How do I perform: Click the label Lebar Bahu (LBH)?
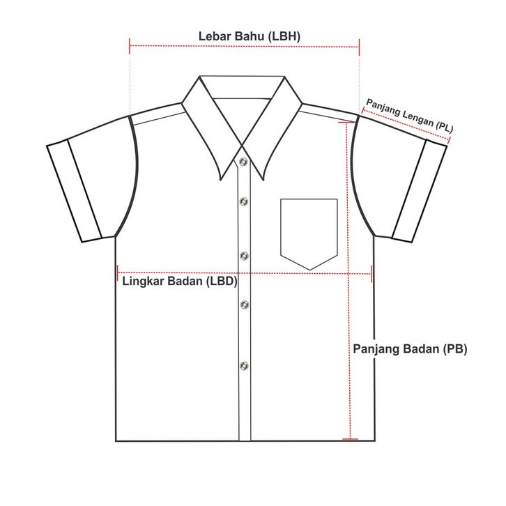click(x=250, y=36)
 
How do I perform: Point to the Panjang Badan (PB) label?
click(x=410, y=348)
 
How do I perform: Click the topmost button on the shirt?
click(x=243, y=162)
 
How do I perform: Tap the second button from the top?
click(x=243, y=201)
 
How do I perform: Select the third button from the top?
click(x=243, y=255)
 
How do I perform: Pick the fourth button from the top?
click(x=243, y=303)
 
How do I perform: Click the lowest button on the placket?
click(x=243, y=365)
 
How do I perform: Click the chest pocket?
click(x=309, y=230)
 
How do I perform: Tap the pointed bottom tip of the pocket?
click(x=309, y=270)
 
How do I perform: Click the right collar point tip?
click(x=264, y=181)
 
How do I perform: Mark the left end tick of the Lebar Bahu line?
click(x=130, y=46)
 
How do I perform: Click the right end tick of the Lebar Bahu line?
click(x=360, y=46)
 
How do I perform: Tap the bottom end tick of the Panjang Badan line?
click(x=351, y=439)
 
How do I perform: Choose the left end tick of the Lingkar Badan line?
click(x=118, y=273)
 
